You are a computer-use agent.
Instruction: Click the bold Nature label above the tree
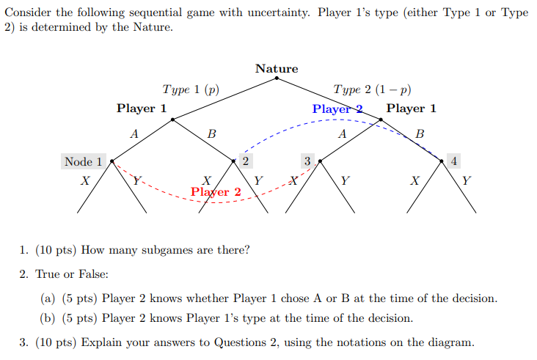tap(277, 68)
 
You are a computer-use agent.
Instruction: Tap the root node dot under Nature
tap(277, 78)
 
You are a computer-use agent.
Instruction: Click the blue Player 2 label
tap(337, 109)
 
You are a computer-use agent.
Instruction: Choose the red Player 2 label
tap(216, 192)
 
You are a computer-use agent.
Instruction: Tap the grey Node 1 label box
tap(83, 161)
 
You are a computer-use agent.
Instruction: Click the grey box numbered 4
tap(454, 161)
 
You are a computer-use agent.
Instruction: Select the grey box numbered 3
tap(308, 161)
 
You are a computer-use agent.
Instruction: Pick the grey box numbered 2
tap(245, 161)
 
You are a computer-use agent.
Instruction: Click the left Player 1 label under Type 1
tap(142, 109)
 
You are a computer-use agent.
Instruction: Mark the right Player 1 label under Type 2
tap(412, 109)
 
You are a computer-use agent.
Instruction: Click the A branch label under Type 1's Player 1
tap(134, 134)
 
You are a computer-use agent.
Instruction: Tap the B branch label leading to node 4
tap(419, 134)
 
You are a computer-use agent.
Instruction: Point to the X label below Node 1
tap(86, 180)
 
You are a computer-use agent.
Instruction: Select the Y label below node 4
tap(467, 180)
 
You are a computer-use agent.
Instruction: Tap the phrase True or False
tap(72, 273)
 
